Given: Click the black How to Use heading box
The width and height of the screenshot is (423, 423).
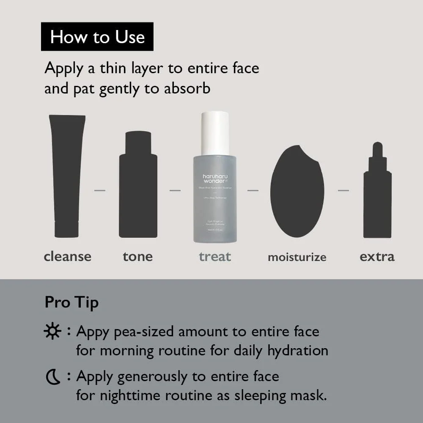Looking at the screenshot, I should (97, 37).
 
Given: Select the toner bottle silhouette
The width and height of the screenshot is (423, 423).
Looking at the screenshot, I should (138, 186).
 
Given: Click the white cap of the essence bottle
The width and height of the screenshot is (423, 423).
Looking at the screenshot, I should (215, 133).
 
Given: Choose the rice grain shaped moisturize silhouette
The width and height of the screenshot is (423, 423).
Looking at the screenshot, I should (297, 190).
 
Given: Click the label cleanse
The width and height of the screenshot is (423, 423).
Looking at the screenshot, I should (67, 256).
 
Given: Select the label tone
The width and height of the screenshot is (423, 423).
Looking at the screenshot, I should (137, 256).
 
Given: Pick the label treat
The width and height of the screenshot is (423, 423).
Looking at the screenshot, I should (215, 256).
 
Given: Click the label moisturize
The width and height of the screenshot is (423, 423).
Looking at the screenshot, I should (297, 257).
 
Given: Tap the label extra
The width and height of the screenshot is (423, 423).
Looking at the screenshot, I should (377, 256).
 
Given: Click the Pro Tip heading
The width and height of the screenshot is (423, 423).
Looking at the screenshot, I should (71, 302).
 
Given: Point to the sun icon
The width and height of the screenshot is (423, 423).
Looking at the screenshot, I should (52, 332).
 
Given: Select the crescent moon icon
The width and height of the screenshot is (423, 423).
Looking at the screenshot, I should (53, 377).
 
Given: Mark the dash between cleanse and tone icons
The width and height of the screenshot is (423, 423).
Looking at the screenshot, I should (100, 190).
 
